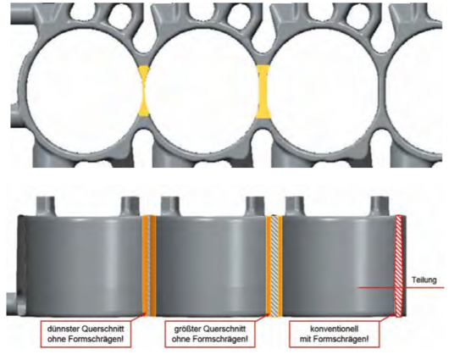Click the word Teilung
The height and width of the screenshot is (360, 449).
click(x=424, y=280)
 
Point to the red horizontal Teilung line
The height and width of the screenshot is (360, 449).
click(x=401, y=287)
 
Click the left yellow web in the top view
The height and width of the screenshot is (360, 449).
click(x=144, y=91)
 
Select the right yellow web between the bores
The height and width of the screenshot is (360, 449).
click(x=263, y=91)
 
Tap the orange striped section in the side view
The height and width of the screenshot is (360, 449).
click(x=149, y=265)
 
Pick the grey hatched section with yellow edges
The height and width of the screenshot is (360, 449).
click(x=274, y=266)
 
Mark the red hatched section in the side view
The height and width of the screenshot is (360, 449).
click(x=398, y=265)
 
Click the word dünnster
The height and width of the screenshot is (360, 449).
click(x=63, y=328)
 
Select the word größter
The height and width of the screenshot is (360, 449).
click(x=186, y=329)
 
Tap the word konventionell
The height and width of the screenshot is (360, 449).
click(x=334, y=329)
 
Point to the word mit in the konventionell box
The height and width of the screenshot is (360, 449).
click(x=305, y=339)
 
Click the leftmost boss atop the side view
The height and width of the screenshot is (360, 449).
click(x=46, y=206)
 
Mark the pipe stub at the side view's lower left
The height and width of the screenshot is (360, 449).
click(x=16, y=302)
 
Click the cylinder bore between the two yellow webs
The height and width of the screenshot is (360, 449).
click(x=203, y=91)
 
